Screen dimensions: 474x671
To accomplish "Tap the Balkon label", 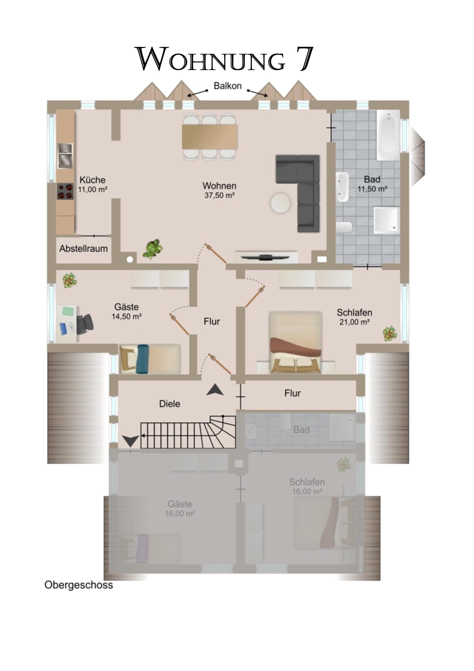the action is [x=228, y=86].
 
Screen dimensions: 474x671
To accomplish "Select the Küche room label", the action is [x=92, y=180].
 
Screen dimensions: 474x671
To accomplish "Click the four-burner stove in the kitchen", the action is [x=65, y=191].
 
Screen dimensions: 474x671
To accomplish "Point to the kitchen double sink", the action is [x=65, y=156].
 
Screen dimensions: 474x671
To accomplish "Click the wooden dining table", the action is [x=210, y=137].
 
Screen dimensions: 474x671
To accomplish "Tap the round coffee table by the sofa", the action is [x=280, y=203].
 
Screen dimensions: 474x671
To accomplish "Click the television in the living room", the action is [x=266, y=257].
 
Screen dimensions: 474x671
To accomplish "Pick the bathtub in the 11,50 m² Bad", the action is [x=389, y=135].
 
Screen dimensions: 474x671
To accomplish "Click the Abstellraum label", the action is [x=84, y=249].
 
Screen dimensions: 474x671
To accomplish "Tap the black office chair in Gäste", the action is [x=85, y=323].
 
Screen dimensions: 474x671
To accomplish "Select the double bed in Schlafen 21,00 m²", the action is [x=296, y=342].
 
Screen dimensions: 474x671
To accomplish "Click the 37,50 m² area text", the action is [x=220, y=195].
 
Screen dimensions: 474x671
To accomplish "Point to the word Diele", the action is [x=170, y=404].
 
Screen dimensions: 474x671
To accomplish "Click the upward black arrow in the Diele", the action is [x=215, y=390].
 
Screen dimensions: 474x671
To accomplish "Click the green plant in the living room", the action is [x=152, y=249].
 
